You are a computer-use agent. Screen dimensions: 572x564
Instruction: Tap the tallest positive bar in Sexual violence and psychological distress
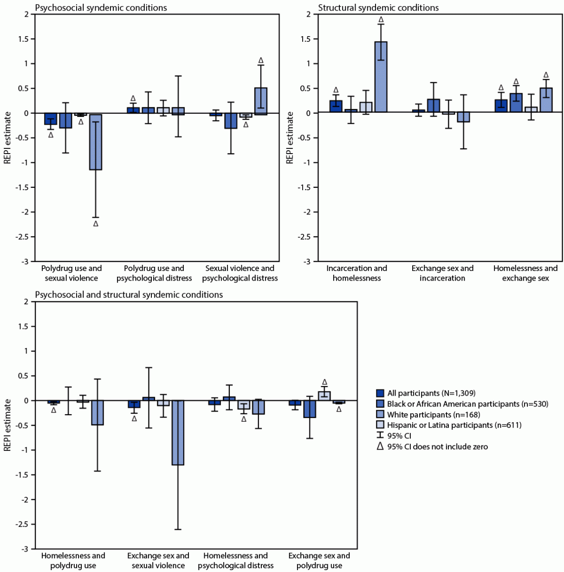260,101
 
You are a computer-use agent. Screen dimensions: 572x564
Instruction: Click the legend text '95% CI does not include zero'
437,446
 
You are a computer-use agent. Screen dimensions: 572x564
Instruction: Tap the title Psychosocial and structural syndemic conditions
129,295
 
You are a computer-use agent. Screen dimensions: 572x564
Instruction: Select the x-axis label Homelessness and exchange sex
525,273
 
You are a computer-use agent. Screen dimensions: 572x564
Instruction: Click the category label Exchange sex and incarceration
442,273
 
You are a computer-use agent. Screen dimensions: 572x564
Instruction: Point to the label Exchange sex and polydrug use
319,561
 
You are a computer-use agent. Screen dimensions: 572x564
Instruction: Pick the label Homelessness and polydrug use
73,561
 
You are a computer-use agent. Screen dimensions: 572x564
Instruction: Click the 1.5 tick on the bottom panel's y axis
23,326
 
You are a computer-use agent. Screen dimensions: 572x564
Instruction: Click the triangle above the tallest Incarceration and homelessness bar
380,19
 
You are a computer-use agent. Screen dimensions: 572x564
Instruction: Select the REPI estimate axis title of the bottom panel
8,426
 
